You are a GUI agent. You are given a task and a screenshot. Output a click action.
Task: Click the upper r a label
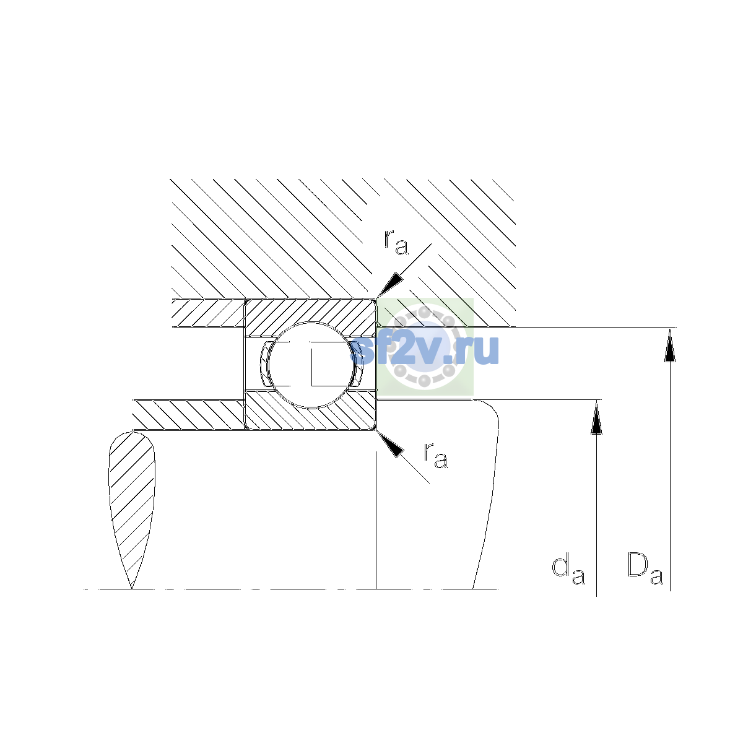(x=396, y=243)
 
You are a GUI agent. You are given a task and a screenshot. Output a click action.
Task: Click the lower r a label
(x=436, y=455)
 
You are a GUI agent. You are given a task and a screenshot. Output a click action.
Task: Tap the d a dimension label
(x=568, y=576)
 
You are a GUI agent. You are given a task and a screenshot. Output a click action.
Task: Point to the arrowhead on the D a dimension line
(x=670, y=345)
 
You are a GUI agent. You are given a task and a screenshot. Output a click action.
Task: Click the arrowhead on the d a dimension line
(x=596, y=417)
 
